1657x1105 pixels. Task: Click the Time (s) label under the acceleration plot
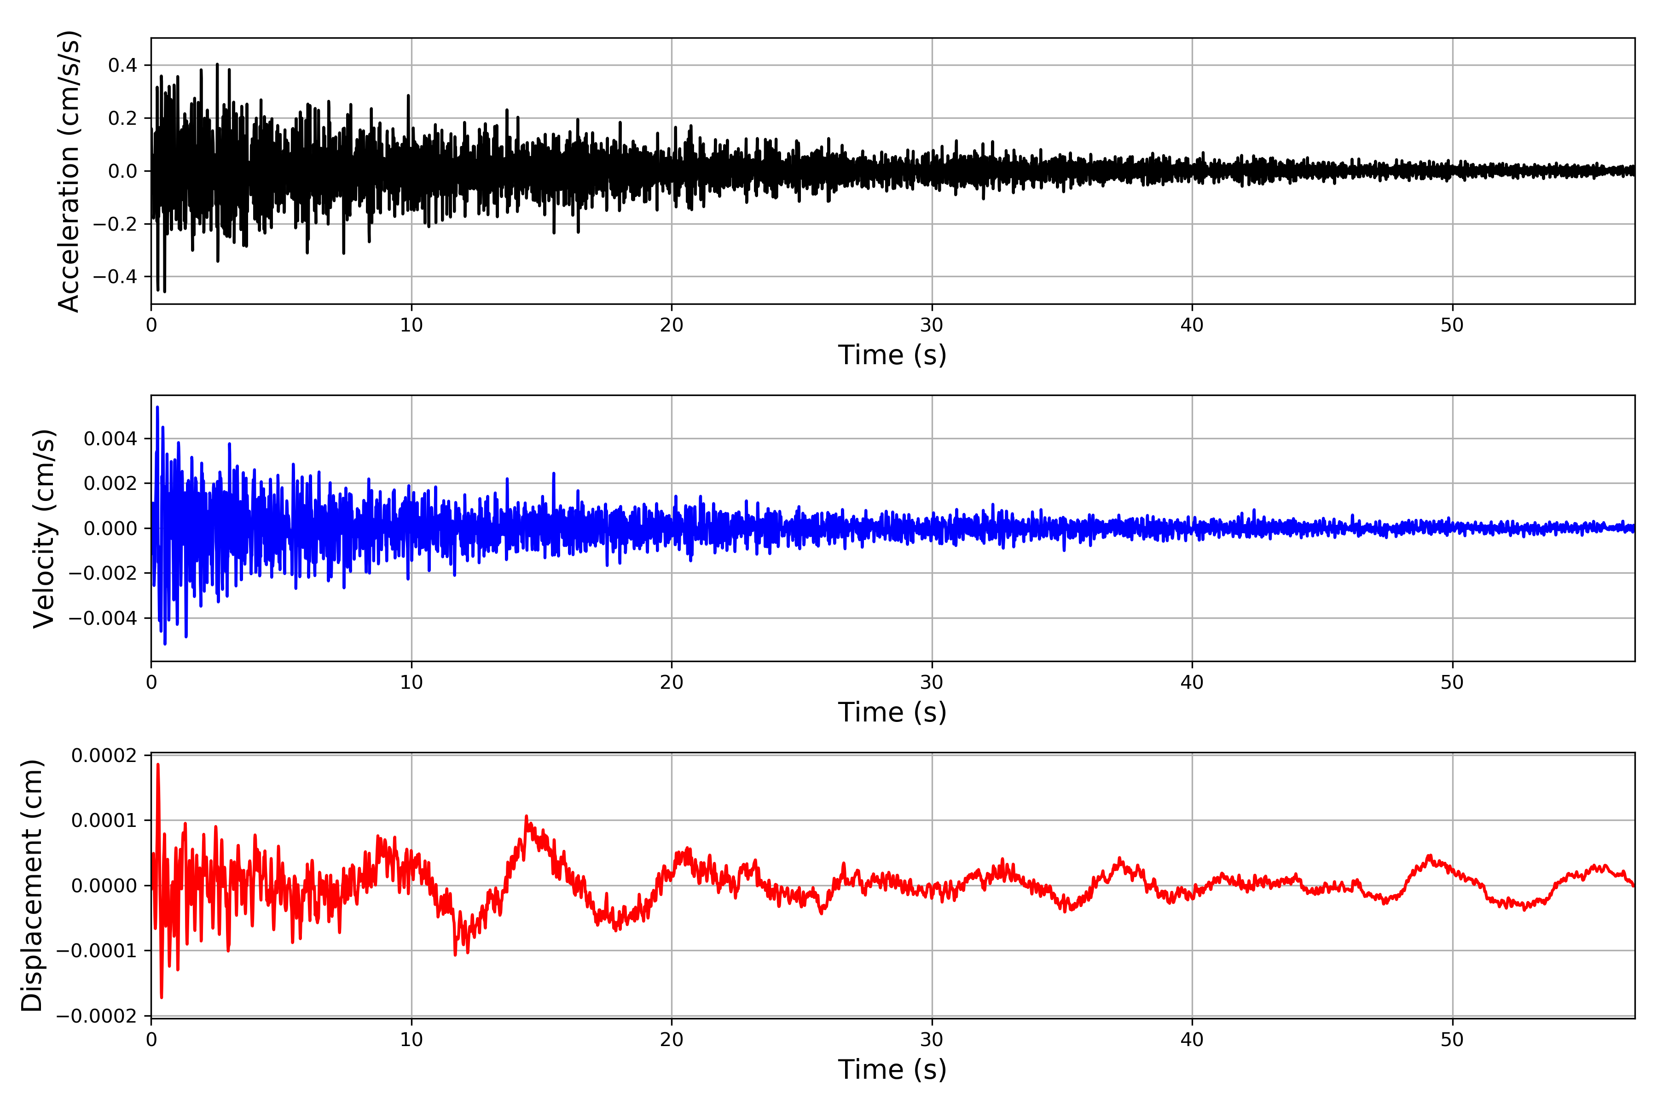point(892,355)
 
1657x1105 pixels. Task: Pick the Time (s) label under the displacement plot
point(892,1070)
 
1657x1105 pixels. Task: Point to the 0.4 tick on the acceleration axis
point(122,65)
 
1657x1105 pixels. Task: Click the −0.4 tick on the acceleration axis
point(115,277)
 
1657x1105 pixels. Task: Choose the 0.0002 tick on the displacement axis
point(104,756)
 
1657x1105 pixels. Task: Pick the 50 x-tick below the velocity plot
point(1452,683)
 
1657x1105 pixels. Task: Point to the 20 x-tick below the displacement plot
point(672,1040)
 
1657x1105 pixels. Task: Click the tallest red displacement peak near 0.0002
point(158,765)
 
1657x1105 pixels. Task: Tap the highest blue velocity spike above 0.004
point(157,407)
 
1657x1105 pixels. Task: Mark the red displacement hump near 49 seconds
point(1430,856)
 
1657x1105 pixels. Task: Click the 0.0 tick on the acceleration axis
point(122,171)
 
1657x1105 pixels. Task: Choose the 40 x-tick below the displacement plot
point(1192,1040)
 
